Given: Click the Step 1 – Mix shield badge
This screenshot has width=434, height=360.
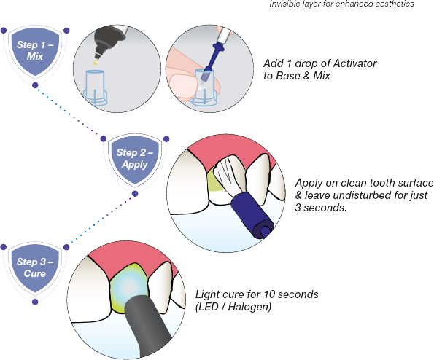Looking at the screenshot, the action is [35, 50].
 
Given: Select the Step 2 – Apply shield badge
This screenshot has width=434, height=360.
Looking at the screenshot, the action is [135, 158].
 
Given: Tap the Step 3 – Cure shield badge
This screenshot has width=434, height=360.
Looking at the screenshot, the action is [35, 267].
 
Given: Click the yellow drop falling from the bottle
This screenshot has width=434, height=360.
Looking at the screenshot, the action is [96, 63].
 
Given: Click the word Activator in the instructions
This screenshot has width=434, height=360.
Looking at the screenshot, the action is [354, 63].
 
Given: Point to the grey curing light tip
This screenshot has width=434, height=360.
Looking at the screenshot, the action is [147, 324].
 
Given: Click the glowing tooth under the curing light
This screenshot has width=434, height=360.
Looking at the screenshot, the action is [128, 288].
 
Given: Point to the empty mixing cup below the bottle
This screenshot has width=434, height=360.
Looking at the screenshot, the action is [95, 87].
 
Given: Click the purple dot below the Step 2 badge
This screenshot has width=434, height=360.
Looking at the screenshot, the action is [135, 194].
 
